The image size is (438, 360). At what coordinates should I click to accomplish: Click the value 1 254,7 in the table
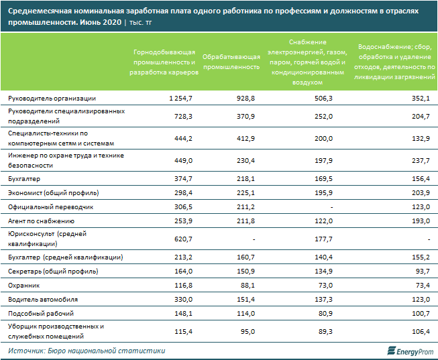[x=178, y=99]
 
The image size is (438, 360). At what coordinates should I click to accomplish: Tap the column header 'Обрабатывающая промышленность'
[x=231, y=62]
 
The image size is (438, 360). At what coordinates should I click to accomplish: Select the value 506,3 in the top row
[x=323, y=99]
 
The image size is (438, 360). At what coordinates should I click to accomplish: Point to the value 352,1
[x=419, y=99]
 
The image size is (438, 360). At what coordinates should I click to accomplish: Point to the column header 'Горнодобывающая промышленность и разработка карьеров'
[x=164, y=62]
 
